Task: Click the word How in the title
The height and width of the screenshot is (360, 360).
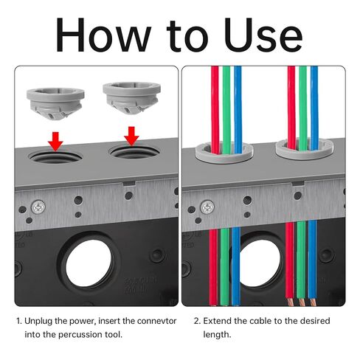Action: coord(103,35)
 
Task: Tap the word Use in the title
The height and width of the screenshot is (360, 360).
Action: coord(263,35)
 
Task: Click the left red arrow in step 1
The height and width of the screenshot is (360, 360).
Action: coord(55,142)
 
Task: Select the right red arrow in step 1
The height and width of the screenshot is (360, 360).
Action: coord(131,136)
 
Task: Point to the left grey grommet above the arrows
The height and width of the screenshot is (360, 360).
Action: coord(55,103)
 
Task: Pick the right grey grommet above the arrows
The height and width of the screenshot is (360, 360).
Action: coord(132,98)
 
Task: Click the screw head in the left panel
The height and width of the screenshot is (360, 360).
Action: coord(38,207)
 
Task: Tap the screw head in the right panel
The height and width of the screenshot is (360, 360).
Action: coord(207,207)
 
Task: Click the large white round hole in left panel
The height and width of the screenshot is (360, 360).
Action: coord(89,263)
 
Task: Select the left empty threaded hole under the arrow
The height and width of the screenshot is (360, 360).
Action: coord(55,156)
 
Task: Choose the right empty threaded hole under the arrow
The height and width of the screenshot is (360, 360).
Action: coord(134,153)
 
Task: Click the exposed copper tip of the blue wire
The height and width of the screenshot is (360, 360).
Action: coord(313,302)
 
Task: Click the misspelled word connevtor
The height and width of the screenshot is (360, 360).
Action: coord(157,321)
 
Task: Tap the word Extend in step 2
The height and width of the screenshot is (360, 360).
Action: coord(218,321)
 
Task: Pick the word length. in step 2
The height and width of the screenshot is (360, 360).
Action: coord(217,335)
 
